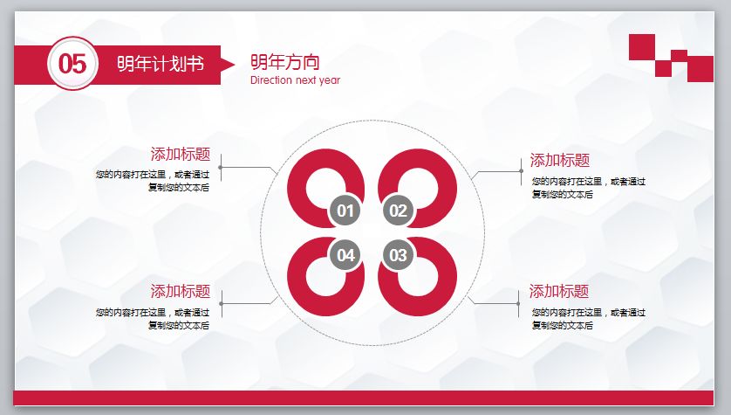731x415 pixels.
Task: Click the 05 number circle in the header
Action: click(x=72, y=63)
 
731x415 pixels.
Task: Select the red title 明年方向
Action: click(x=284, y=62)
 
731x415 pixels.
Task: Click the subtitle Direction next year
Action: click(x=295, y=80)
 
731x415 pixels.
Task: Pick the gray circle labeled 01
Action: click(x=345, y=211)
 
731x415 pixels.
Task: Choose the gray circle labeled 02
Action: click(x=398, y=211)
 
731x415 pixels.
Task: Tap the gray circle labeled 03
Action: click(x=398, y=255)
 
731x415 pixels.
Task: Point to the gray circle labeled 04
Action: click(x=345, y=255)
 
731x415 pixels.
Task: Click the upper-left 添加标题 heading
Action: click(x=181, y=155)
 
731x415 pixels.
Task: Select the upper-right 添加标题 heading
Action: click(x=559, y=161)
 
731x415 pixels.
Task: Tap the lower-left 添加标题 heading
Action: click(x=181, y=292)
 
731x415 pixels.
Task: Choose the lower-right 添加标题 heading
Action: click(x=559, y=292)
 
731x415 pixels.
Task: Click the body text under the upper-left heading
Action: click(x=154, y=181)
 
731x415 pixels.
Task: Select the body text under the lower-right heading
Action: click(x=588, y=318)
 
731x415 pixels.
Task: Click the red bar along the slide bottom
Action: click(x=365, y=398)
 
